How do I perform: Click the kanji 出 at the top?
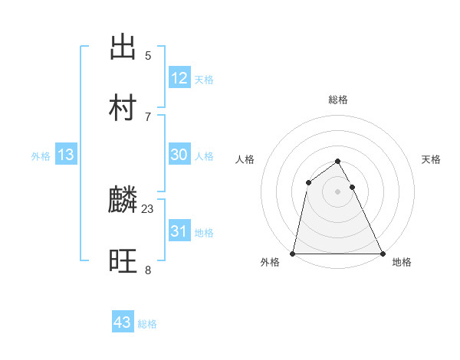123,47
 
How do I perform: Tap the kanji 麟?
123,201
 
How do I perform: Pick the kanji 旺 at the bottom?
123,261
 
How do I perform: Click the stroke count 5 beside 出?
148,55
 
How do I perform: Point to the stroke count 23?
148,208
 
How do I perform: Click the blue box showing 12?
179,78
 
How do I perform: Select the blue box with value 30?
179,155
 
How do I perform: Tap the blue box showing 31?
179,231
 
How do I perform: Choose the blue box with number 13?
66,155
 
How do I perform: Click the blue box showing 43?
123,322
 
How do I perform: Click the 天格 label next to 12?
204,80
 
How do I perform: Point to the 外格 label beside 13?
41,156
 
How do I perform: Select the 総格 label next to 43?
147,324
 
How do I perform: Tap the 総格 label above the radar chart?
338,100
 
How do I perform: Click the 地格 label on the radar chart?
402,262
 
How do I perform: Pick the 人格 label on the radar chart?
245,159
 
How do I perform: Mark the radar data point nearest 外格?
293,254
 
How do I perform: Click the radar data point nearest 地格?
383,254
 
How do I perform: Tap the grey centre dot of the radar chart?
338,191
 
